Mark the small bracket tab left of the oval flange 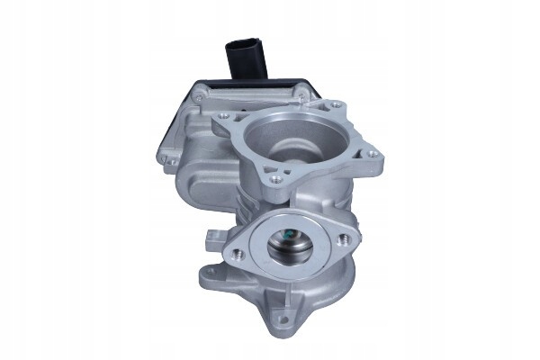pos(213,238)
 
